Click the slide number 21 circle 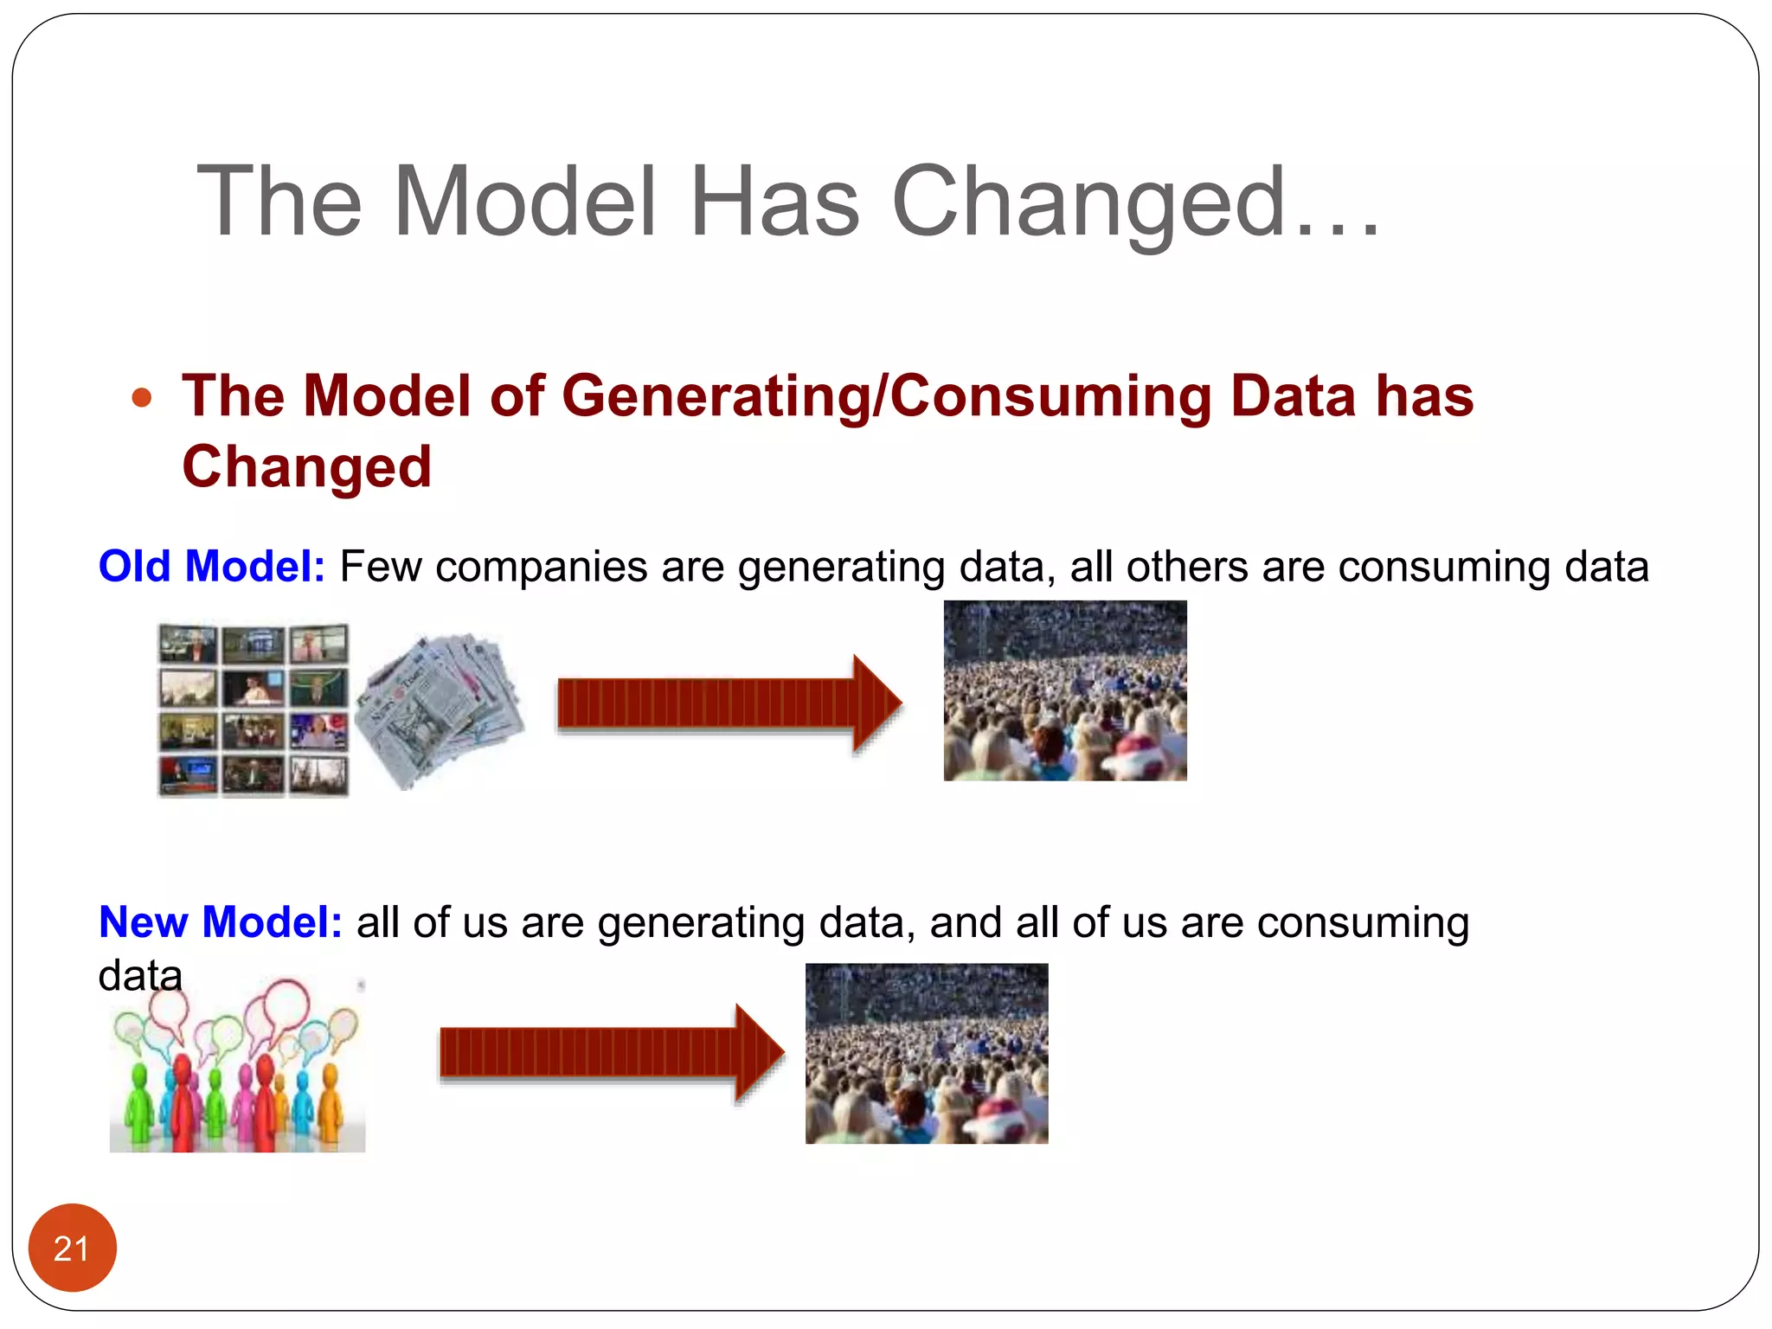pyautogui.click(x=72, y=1248)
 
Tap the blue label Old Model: pyautogui.click(x=212, y=567)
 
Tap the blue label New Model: pyautogui.click(x=221, y=922)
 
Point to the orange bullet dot pyautogui.click(x=142, y=398)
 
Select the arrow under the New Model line pyautogui.click(x=611, y=1052)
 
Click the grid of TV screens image pyautogui.click(x=254, y=709)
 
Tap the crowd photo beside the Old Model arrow pyautogui.click(x=1064, y=690)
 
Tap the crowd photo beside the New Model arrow pyautogui.click(x=926, y=1054)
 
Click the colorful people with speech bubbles pyautogui.click(x=237, y=1066)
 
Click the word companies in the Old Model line pyautogui.click(x=541, y=568)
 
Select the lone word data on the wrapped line pyautogui.click(x=140, y=976)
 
